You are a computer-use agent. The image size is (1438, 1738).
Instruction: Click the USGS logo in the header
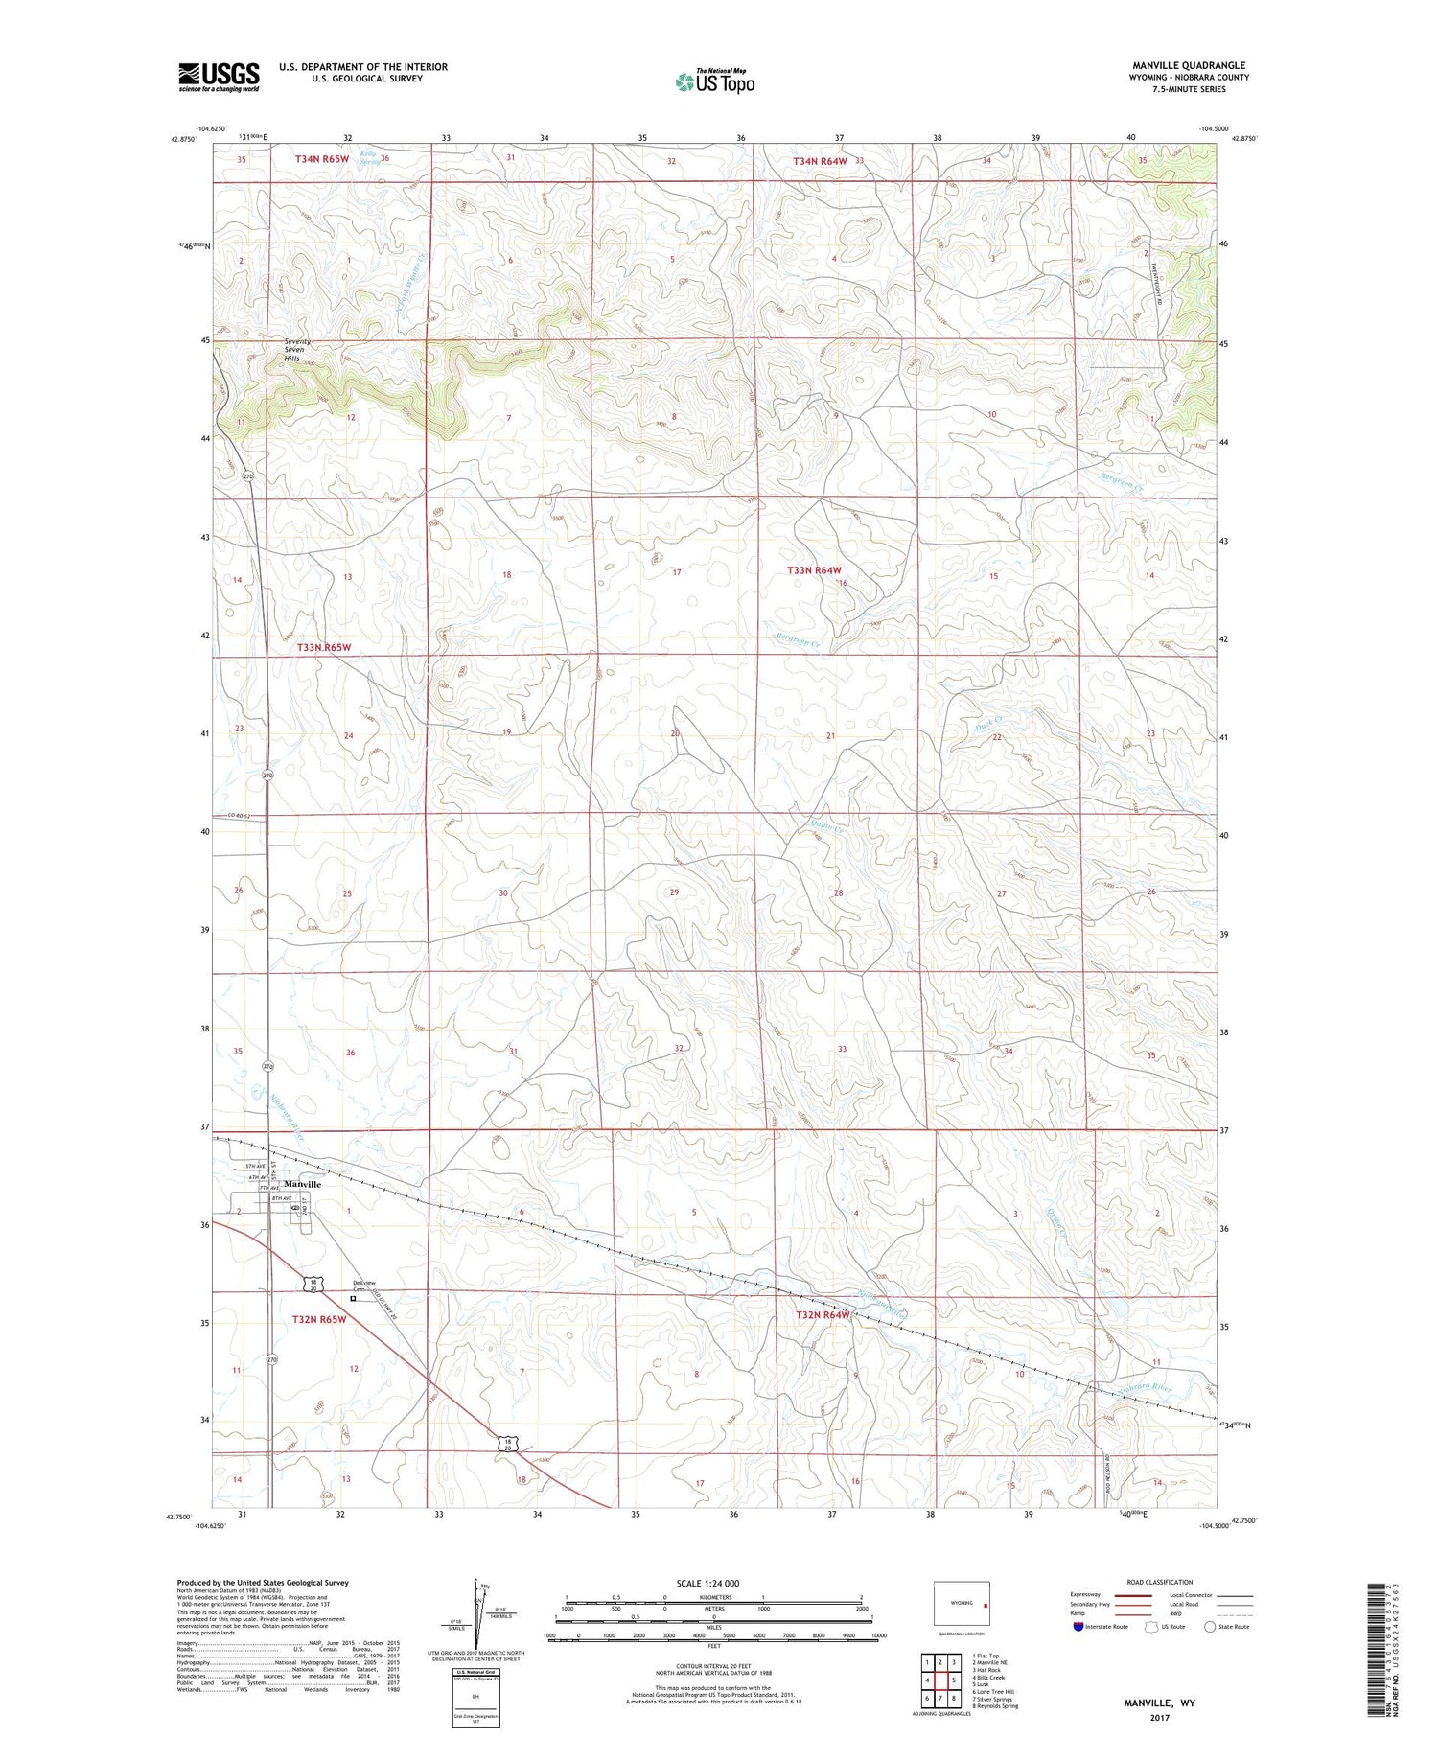click(219, 77)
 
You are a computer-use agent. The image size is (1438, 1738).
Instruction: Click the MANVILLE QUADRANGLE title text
click(1189, 66)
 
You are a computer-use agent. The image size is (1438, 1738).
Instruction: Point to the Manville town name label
click(302, 1185)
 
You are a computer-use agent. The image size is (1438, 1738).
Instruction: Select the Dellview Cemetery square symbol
click(353, 1299)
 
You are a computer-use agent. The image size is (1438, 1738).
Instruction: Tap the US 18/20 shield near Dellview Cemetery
click(313, 1284)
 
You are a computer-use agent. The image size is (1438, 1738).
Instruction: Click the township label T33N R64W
click(814, 570)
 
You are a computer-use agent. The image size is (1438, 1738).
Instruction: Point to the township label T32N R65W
click(318, 1320)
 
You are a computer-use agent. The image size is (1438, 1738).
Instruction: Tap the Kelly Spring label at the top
click(368, 158)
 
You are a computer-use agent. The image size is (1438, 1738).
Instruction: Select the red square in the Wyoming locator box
click(985, 1603)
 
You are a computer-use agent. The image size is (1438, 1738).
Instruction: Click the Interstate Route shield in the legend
click(1078, 1627)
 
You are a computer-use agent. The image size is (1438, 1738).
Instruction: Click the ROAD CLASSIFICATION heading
click(1160, 1582)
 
